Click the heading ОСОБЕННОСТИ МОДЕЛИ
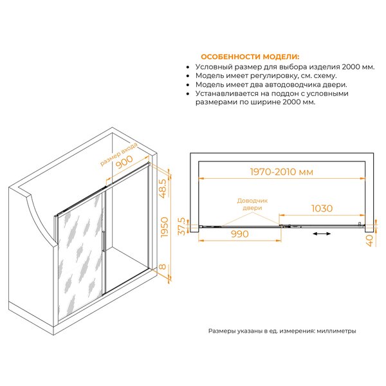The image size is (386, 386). point(250,57)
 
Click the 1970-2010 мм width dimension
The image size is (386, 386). point(282,172)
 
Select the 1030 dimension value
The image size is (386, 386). point(322,208)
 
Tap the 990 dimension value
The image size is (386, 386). point(240,234)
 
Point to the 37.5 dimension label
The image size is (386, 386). point(181,226)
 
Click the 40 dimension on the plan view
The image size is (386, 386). point(370,240)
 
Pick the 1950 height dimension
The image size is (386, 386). point(164,227)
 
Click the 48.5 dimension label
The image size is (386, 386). point(163,188)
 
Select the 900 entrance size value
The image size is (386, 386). point(124,162)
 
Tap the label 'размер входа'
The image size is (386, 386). point(118,154)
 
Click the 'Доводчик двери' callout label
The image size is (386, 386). point(252,205)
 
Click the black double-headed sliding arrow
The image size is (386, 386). point(322,234)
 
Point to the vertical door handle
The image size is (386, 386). point(104,241)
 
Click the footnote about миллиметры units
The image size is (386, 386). point(282,331)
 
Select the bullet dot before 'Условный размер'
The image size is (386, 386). point(188,67)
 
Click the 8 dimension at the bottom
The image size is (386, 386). point(163,266)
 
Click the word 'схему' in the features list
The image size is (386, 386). point(325,76)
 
